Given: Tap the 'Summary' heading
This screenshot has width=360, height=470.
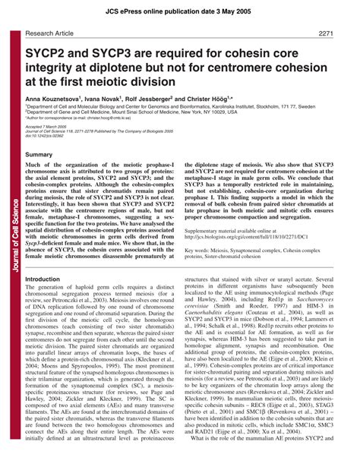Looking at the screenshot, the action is pyautogui.click(x=39, y=154).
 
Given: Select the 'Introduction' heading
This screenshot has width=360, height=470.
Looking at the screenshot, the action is pyautogui.click(x=44, y=279).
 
